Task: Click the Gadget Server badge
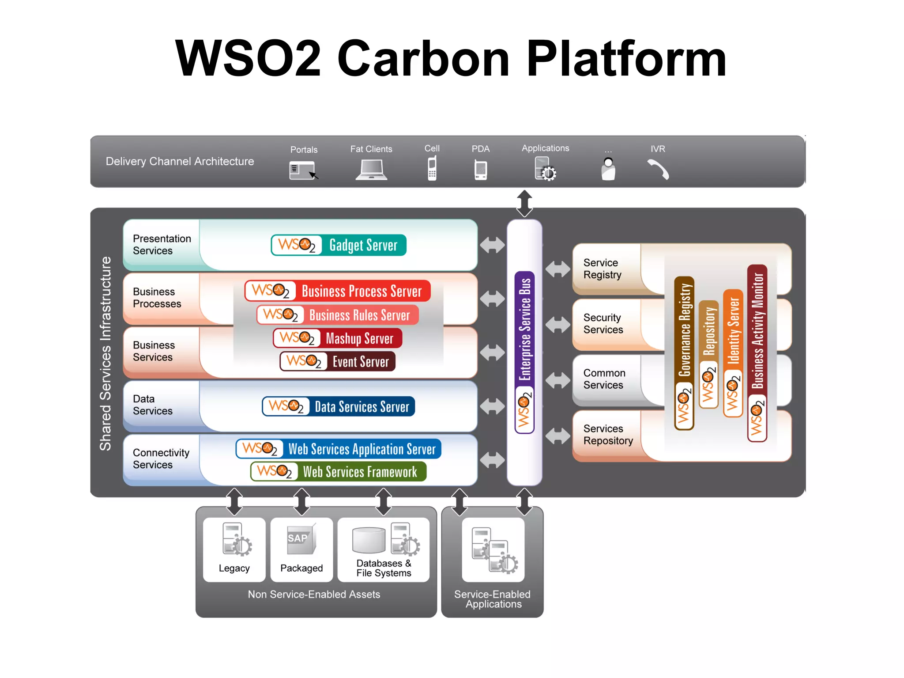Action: point(339,245)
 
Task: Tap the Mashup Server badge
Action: point(338,338)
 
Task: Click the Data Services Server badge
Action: point(339,406)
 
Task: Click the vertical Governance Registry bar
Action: point(684,353)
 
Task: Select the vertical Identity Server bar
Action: point(733,353)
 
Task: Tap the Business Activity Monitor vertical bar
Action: point(757,353)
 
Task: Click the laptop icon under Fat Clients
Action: point(371,170)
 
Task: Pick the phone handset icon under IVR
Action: point(658,170)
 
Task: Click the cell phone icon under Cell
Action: point(432,168)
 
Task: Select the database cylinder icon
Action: point(369,540)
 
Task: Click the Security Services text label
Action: point(603,324)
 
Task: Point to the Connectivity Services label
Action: point(161,458)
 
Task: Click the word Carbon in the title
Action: point(423,58)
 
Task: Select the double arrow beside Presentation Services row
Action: point(492,245)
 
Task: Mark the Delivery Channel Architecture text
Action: point(180,161)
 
